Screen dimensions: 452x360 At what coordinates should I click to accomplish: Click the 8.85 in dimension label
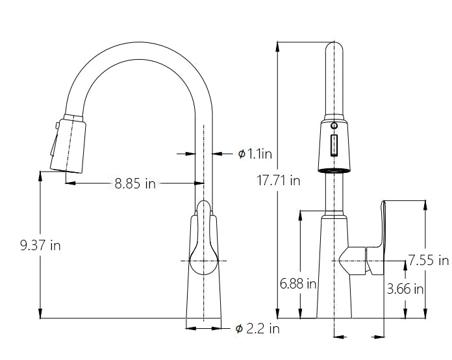click(135, 183)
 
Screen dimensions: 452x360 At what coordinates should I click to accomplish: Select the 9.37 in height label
click(40, 246)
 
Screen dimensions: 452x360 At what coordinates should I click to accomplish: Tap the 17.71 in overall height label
click(278, 181)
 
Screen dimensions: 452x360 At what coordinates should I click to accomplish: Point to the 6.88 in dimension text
click(298, 283)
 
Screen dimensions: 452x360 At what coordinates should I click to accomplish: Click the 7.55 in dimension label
click(429, 260)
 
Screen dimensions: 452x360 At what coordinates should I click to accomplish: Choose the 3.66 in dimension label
click(405, 289)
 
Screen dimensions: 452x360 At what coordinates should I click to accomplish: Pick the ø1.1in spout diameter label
click(255, 154)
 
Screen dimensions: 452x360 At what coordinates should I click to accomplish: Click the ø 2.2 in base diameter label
click(257, 329)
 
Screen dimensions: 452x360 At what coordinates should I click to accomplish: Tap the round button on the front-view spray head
click(334, 126)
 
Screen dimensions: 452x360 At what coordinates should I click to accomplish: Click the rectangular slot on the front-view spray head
click(334, 146)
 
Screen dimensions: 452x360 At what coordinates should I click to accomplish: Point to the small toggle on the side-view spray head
click(57, 126)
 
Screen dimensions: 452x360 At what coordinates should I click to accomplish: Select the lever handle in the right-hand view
click(376, 237)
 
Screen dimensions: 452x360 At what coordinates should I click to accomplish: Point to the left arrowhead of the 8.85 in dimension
click(71, 183)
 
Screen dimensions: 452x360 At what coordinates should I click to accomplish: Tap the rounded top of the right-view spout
click(334, 44)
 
